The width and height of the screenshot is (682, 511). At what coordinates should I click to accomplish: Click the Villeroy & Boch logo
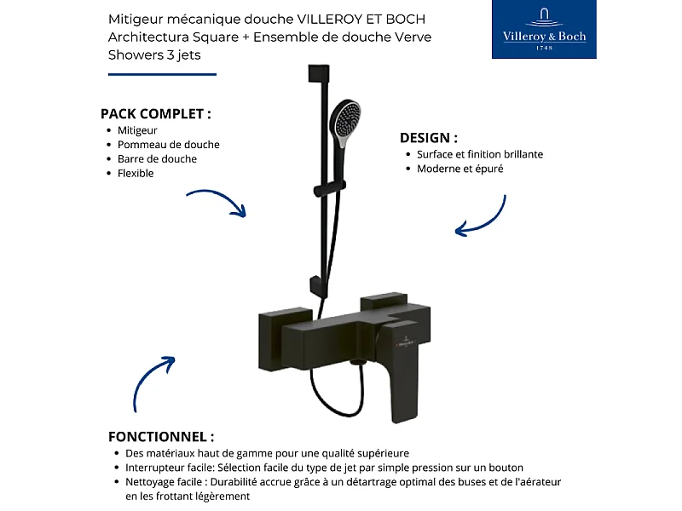545,30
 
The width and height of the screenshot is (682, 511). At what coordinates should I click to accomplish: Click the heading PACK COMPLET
155,113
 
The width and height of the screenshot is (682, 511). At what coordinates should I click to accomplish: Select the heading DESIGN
429,137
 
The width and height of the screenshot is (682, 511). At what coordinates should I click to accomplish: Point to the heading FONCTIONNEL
161,436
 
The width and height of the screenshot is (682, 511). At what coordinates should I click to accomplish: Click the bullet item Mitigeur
137,130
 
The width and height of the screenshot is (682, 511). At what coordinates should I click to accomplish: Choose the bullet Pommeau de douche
168,145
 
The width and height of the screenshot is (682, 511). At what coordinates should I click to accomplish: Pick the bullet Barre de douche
157,158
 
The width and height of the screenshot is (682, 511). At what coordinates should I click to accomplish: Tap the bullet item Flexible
136,173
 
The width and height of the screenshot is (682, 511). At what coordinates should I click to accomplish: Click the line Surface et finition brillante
480,154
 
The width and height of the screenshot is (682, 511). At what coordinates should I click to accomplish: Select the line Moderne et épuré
459,169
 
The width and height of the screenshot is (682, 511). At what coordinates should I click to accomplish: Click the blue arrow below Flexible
217,202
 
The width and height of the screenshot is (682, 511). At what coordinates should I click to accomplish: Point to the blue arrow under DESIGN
482,217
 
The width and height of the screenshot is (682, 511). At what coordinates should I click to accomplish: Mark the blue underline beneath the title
162,74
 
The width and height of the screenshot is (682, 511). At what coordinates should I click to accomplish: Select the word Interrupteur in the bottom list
155,468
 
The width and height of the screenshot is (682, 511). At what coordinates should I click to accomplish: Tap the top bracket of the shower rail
317,72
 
